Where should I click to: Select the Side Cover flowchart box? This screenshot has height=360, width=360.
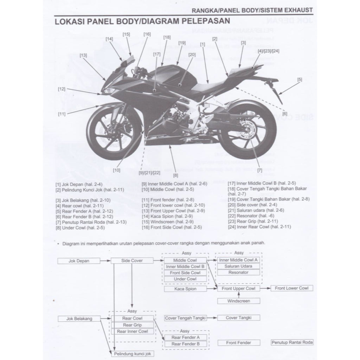click(x=132, y=261)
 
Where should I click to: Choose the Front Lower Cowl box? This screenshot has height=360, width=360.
click(x=291, y=288)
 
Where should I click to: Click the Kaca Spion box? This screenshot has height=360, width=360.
click(x=185, y=289)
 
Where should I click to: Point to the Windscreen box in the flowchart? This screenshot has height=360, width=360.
click(x=239, y=301)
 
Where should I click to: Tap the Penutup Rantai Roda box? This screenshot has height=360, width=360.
click(x=292, y=342)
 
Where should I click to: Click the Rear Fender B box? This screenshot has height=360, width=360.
click(x=185, y=343)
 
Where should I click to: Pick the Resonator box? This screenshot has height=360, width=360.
click(x=238, y=272)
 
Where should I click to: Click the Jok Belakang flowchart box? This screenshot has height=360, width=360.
click(x=79, y=319)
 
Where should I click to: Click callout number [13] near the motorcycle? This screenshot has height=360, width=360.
click(x=83, y=55)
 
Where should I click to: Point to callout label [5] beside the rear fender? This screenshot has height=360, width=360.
click(x=299, y=79)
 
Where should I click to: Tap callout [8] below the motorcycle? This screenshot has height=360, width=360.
click(x=175, y=175)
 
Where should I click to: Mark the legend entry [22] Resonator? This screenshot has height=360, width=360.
click(x=247, y=216)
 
